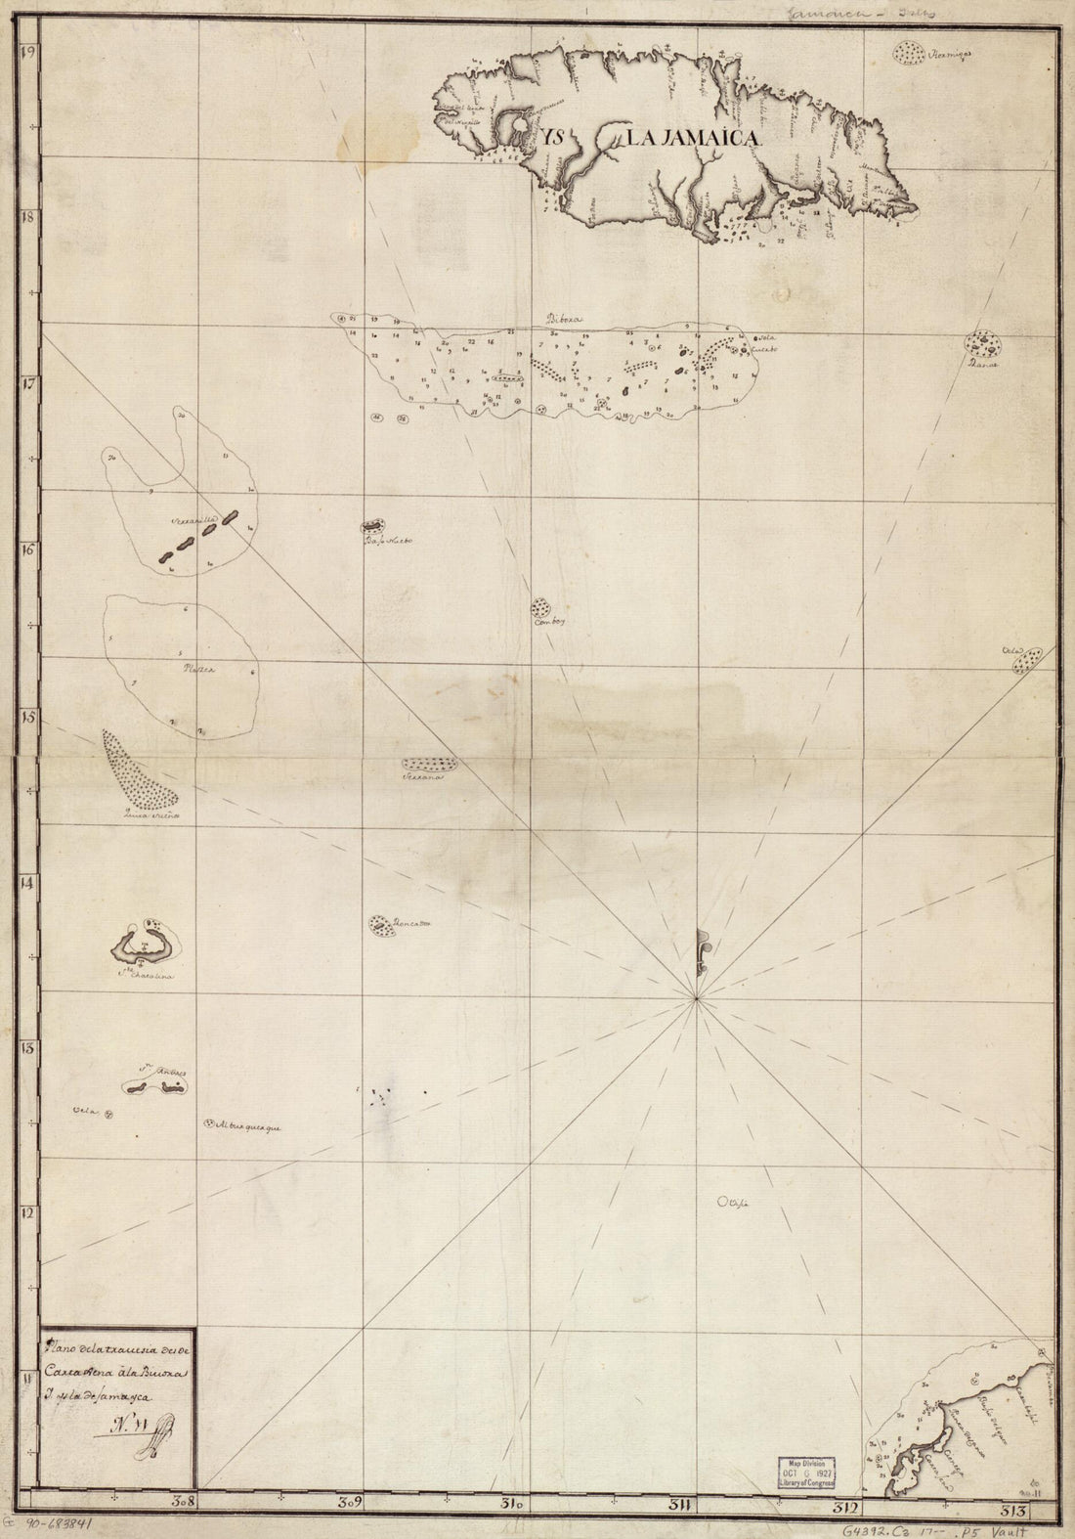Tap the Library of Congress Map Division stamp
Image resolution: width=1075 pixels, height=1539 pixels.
click(x=807, y=1472)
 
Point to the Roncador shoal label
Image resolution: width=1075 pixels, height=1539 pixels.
click(x=412, y=922)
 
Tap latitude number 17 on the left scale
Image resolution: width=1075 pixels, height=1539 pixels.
click(x=29, y=383)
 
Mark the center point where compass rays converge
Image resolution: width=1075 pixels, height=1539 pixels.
click(x=696, y=998)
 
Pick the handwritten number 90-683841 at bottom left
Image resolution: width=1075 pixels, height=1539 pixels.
click(x=63, y=1523)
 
